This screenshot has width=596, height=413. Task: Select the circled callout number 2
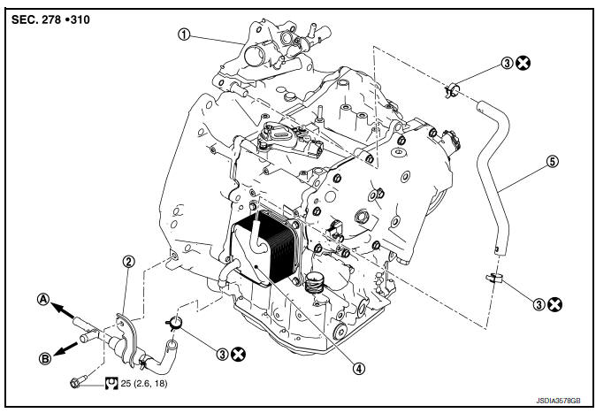128,261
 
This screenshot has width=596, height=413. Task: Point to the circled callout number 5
554,162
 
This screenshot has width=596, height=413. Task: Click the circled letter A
42,299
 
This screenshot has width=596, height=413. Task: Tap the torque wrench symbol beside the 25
112,383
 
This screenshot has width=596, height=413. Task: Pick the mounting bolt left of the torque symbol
78,383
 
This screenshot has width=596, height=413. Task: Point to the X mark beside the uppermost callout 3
525,63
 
